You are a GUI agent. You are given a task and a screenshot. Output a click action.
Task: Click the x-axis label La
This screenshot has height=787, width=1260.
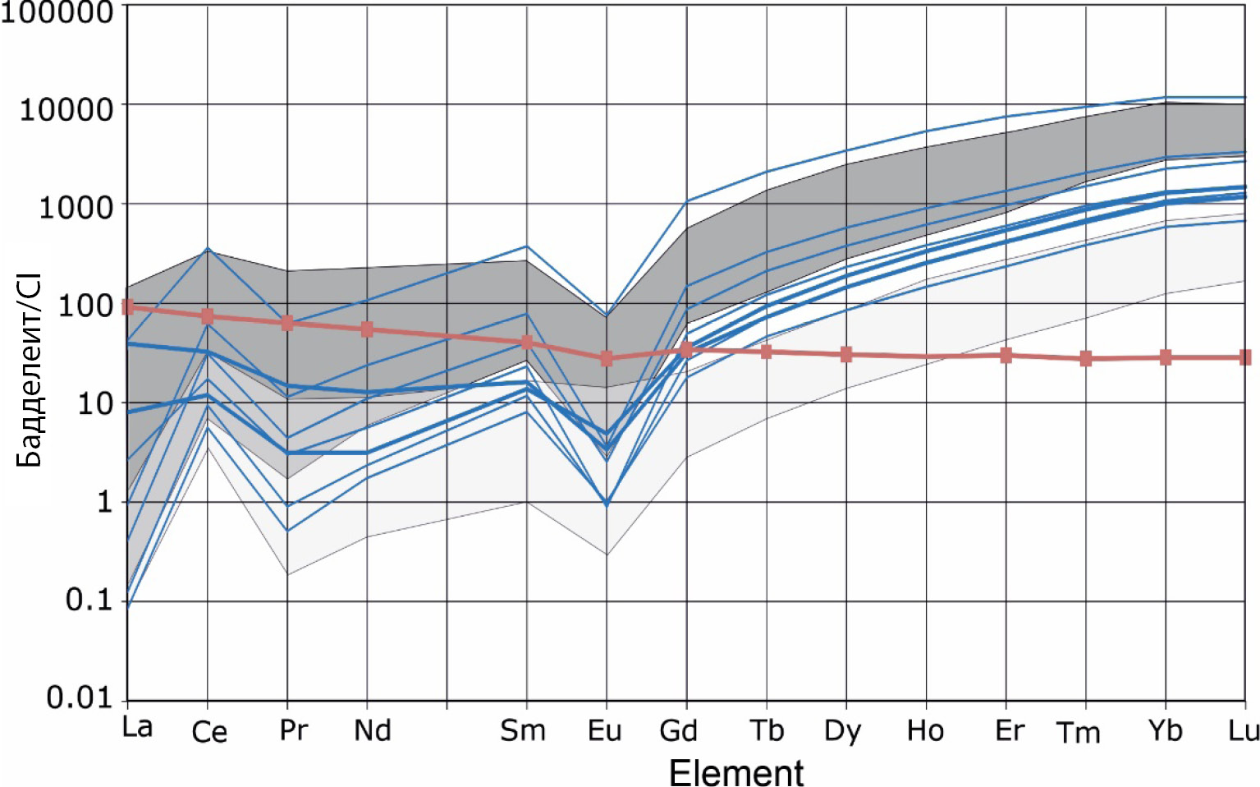[137, 727]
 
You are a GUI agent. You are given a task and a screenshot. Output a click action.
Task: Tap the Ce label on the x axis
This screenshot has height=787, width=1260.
[209, 731]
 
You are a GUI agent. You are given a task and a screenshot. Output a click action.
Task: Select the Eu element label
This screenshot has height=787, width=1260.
[605, 730]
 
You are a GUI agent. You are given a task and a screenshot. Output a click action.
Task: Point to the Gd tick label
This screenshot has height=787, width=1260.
[679, 730]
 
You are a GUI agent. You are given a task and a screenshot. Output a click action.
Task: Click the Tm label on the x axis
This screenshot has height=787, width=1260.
[1078, 732]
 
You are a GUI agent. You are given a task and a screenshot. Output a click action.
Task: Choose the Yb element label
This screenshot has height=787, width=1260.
[1165, 730]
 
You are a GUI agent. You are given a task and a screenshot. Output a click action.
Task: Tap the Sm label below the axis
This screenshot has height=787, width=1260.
[523, 730]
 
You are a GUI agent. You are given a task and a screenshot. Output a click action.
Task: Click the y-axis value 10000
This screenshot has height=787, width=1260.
[66, 108]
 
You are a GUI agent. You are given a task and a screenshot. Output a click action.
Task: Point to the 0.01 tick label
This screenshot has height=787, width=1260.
[79, 697]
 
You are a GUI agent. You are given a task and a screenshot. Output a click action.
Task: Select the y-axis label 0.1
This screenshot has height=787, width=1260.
[89, 600]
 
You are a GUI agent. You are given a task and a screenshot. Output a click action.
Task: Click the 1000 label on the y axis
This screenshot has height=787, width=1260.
[76, 206]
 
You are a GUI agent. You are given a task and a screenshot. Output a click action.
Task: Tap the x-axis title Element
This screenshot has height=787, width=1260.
[736, 773]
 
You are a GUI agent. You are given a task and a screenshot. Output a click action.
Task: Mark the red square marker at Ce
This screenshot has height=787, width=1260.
[208, 316]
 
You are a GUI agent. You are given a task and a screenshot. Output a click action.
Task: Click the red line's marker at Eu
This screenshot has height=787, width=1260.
[607, 358]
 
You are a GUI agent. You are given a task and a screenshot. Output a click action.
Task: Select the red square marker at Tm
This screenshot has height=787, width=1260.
[1086, 358]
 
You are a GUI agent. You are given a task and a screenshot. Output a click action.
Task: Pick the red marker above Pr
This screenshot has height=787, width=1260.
[287, 323]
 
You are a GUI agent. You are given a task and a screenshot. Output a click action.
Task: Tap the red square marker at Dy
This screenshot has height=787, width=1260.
[846, 354]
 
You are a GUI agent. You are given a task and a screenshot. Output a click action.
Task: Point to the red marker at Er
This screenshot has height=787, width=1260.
[1006, 355]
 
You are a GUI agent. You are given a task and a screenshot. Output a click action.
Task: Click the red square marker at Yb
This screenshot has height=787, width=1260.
[1166, 357]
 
